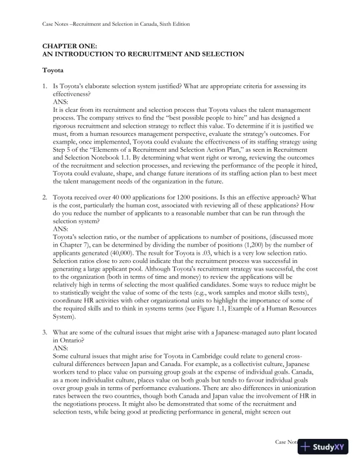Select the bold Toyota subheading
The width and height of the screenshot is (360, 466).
point(55,71)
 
